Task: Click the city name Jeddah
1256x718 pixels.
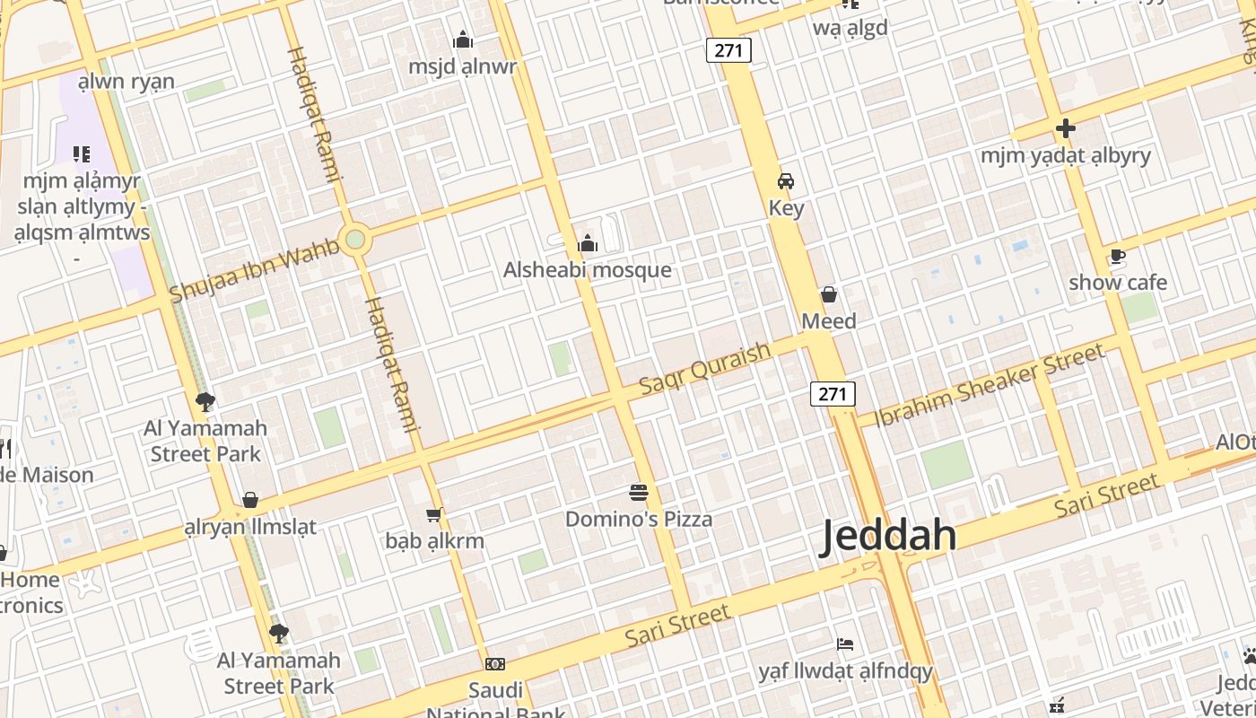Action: [889, 536]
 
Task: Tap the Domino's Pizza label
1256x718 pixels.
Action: [639, 519]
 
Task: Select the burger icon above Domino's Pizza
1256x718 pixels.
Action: [639, 492]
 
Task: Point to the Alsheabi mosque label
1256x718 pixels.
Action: [588, 270]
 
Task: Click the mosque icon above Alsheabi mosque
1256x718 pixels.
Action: [588, 243]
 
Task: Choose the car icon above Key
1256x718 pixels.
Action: [786, 181]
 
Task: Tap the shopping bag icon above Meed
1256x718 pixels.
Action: [829, 294]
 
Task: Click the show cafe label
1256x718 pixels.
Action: [1118, 283]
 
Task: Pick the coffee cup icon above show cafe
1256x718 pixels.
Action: [1118, 257]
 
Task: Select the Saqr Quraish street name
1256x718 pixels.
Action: [705, 369]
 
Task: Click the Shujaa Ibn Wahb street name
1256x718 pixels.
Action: [254, 270]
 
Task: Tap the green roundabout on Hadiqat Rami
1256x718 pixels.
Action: [355, 240]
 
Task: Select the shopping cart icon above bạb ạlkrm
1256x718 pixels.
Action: [434, 514]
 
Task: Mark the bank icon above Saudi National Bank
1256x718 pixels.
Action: [495, 664]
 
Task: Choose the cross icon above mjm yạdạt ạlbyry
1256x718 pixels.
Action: [1066, 128]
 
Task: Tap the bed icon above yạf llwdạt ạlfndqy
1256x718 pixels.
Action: [845, 644]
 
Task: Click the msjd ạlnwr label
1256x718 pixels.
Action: [463, 66]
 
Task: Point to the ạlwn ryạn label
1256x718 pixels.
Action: [126, 82]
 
